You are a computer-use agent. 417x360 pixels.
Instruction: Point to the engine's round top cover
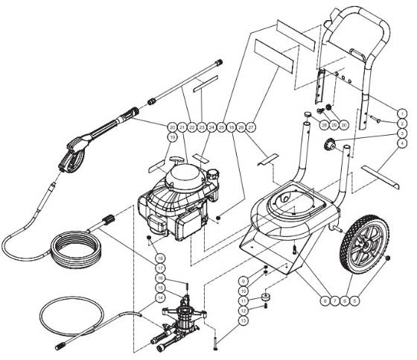click(185, 177)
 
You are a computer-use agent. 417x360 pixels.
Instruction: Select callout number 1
click(401, 113)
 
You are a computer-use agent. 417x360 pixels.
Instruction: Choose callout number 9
click(242, 281)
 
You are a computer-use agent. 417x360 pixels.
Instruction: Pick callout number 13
click(242, 320)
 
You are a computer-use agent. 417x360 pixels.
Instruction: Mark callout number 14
click(159, 297)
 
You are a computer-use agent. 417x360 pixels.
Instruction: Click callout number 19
click(172, 137)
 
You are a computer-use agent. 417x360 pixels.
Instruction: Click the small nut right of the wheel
click(389, 259)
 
